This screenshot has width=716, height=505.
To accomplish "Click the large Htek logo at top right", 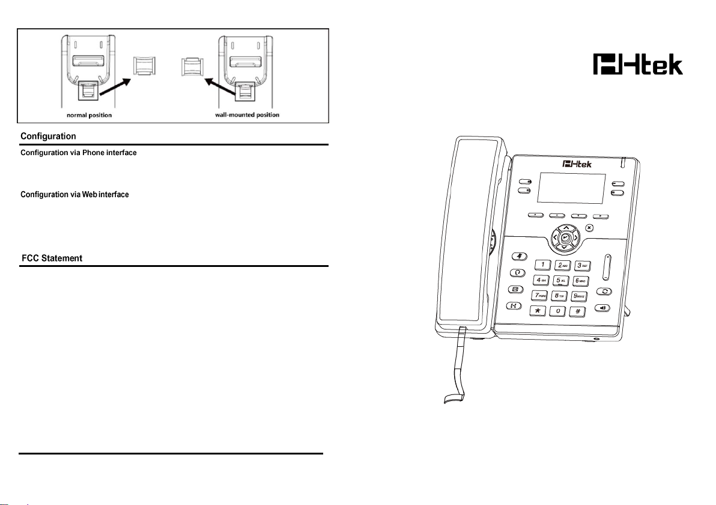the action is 638,64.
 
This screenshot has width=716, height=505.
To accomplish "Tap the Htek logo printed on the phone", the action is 577,164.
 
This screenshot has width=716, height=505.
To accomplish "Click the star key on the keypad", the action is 538,311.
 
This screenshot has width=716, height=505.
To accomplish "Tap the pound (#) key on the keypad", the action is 578,311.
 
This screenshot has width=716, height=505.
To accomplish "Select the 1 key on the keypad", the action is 542,265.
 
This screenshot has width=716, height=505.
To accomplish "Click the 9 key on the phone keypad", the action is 579,296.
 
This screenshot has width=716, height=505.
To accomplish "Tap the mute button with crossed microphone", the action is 519,256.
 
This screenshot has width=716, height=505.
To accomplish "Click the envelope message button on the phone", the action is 515,289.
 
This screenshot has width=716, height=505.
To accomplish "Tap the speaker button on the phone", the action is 602,308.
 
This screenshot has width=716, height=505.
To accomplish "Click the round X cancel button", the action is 589,228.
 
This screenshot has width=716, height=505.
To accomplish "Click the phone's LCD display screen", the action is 571,188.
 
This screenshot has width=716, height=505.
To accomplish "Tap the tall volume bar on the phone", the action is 606,268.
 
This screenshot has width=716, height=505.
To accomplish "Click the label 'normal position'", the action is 89,115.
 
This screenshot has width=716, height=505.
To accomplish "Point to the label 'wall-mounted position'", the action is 247,115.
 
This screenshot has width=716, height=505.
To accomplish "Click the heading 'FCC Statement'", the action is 52,259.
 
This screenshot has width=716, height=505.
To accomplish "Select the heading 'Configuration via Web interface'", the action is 74,195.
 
